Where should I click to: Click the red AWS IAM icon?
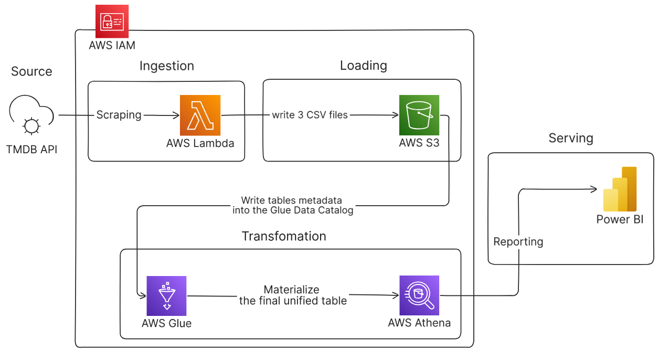pyautogui.click(x=112, y=22)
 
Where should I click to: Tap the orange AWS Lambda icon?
pyautogui.click(x=200, y=115)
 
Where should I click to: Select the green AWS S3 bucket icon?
pyautogui.click(x=419, y=115)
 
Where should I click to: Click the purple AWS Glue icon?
pyautogui.click(x=167, y=295)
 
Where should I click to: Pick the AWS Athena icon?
pyautogui.click(x=419, y=295)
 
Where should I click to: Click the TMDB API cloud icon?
pyautogui.click(x=31, y=117)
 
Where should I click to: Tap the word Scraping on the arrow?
pyautogui.click(x=119, y=115)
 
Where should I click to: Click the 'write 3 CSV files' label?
pyautogui.click(x=310, y=115)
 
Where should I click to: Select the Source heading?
pyautogui.click(x=31, y=72)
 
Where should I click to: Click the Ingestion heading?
pyautogui.click(x=167, y=66)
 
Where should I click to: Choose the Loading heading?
pyautogui.click(x=364, y=66)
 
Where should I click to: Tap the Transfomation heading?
pyautogui.click(x=284, y=236)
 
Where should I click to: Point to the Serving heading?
pyautogui.click(x=571, y=138)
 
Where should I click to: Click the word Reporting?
pyautogui.click(x=518, y=242)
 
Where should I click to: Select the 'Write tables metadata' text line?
pyautogui.click(x=292, y=200)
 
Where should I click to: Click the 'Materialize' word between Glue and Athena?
pyautogui.click(x=292, y=290)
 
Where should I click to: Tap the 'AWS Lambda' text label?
pyautogui.click(x=200, y=143)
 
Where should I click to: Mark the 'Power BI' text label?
pyautogui.click(x=620, y=219)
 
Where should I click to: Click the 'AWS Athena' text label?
pyautogui.click(x=419, y=323)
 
